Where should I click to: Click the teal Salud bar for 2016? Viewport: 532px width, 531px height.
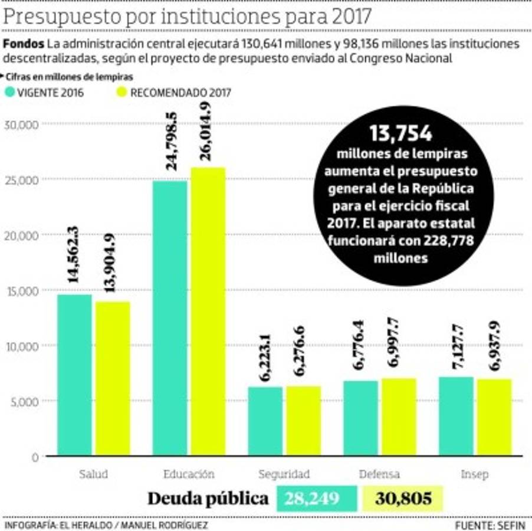tap(74, 375)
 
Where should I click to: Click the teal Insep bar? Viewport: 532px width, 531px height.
tap(456, 416)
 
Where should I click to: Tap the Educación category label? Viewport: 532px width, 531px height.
tap(189, 474)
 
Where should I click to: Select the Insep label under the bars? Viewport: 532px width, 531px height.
tap(474, 474)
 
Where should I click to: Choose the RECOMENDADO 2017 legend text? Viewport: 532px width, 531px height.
tap(180, 93)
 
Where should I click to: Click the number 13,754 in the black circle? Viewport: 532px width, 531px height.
tap(401, 134)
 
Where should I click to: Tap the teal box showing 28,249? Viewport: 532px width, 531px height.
tap(317, 499)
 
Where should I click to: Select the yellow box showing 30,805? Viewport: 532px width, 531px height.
tap(403, 499)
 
